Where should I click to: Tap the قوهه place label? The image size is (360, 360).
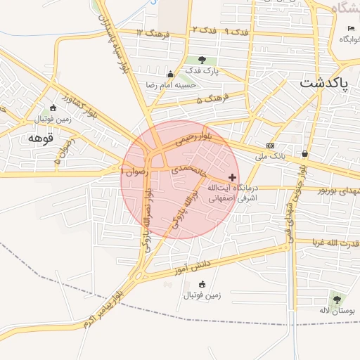click(x=40, y=137)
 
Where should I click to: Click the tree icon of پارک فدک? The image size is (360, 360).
click(x=202, y=60)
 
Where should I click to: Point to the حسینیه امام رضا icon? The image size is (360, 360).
click(x=169, y=75)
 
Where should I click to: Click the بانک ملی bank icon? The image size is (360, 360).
click(x=270, y=146)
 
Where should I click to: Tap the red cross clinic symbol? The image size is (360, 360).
click(x=233, y=177)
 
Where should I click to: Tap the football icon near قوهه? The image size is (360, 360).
click(x=53, y=108)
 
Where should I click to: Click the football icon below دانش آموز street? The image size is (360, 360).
click(x=202, y=284)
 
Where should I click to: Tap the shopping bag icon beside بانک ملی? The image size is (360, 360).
click(x=304, y=153)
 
